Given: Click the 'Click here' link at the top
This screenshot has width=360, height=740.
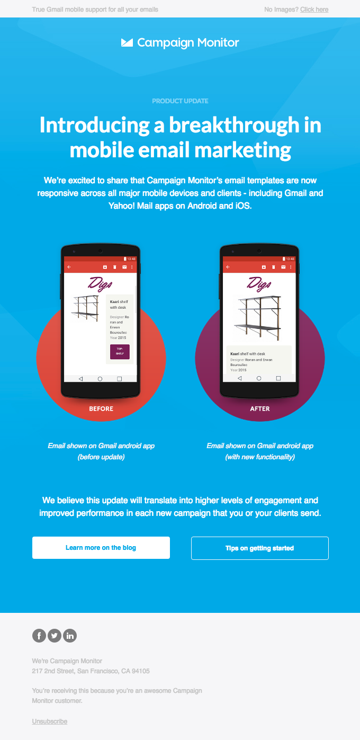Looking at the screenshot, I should coord(314,10).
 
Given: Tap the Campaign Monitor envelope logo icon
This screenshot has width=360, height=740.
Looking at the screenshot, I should coord(127,43).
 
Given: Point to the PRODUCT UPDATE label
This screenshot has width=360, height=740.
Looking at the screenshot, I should coord(180,101).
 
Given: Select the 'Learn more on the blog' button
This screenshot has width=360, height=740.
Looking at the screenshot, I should coord(101,548).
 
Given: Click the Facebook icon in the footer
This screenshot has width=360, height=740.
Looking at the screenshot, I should coord(39,636).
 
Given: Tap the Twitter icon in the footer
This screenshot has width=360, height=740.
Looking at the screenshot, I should coord(55,636).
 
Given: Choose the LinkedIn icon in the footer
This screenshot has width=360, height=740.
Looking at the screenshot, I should coord(70,636).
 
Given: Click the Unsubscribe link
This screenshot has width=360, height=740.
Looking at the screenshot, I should coord(50,721).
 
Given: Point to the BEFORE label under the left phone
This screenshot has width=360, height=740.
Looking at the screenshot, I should coord(101,409).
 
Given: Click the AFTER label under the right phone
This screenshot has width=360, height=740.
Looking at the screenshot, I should coord(260,409).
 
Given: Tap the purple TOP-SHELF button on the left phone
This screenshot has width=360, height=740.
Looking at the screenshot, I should coord(120,352).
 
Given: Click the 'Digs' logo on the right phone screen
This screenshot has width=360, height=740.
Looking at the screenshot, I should coord(259,284).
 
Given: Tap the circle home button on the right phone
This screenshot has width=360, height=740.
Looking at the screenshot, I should coord(259,378).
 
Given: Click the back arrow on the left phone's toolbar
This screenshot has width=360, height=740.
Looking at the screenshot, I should coord(69,267).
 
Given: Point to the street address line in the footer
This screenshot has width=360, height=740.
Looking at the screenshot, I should coord(91,671).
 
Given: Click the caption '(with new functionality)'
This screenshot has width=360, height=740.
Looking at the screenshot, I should coord(260,457).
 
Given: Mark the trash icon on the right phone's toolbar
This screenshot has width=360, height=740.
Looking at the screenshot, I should coord(274,267).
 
